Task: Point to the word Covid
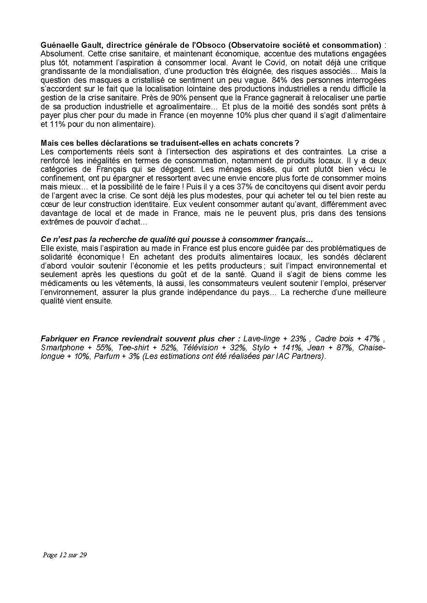click(x=276, y=63)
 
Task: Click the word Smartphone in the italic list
click(x=62, y=348)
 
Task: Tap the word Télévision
click(x=200, y=348)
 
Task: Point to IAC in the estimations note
click(x=282, y=356)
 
